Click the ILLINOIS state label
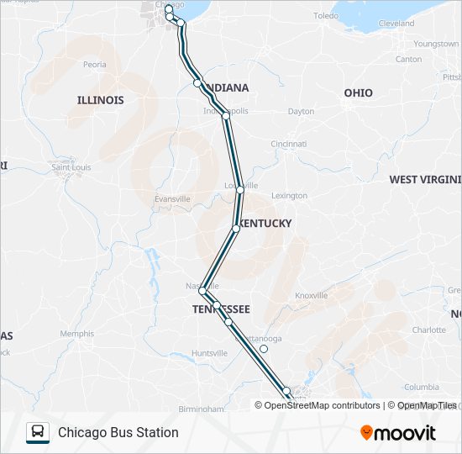click(100, 100)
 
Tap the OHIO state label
click(358, 92)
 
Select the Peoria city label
click(94, 64)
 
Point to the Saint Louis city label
click(71, 167)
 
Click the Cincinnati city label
click(288, 144)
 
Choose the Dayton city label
click(301, 111)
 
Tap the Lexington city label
click(289, 196)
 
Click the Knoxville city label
click(311, 296)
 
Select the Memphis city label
click(76, 334)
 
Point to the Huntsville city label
click(209, 353)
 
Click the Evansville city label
click(172, 198)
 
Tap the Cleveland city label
click(396, 24)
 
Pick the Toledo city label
click(325, 16)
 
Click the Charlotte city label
click(428, 330)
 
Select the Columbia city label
click(422, 387)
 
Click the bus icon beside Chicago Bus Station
click(38, 432)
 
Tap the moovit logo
click(398, 432)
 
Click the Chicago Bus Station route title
click(118, 432)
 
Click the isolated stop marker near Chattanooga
click(264, 349)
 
